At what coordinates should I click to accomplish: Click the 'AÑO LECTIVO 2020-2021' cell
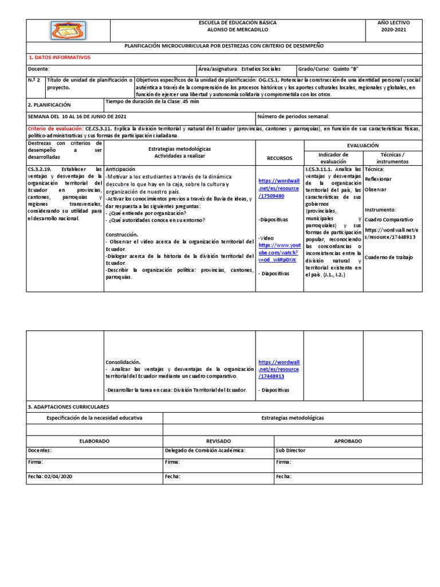[x=393, y=26]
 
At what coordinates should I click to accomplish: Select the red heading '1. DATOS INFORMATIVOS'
[x=60, y=57]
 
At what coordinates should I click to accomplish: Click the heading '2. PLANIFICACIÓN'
[x=49, y=105]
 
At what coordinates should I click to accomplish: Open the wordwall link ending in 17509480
[x=278, y=188]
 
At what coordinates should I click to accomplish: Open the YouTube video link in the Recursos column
[x=278, y=252]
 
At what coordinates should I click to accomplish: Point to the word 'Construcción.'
[x=122, y=234]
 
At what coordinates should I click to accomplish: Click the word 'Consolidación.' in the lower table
[x=123, y=362]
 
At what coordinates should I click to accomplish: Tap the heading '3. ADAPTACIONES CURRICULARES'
[x=68, y=406]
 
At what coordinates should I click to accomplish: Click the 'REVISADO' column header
[x=218, y=441]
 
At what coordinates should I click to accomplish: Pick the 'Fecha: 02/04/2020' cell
[x=50, y=476]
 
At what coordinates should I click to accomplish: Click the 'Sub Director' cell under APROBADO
[x=290, y=451]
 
